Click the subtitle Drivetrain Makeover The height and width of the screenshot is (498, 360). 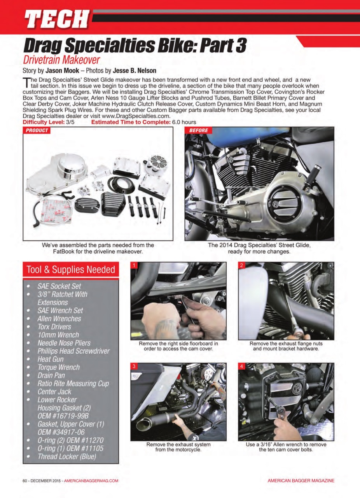[x=61, y=60]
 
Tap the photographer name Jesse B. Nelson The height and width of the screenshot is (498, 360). [x=135, y=71]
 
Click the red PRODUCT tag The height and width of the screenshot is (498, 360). [x=37, y=130]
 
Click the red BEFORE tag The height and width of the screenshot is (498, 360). [x=199, y=130]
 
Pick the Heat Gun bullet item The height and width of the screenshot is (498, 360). [x=50, y=359]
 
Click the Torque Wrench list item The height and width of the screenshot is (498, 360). [x=58, y=367]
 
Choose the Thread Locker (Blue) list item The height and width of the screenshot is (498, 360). [x=66, y=456]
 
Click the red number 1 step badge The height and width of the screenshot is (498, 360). [x=134, y=266]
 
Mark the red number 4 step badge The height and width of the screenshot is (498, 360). [x=242, y=366]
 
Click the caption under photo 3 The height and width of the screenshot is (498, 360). [x=178, y=447]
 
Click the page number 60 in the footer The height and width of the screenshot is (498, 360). [x=25, y=481]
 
